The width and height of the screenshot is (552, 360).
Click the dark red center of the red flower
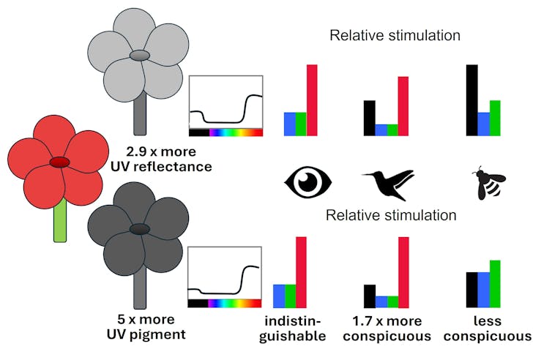(x=59, y=162)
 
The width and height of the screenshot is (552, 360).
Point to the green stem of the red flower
(x=60, y=221)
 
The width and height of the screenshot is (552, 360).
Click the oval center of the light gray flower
(x=139, y=56)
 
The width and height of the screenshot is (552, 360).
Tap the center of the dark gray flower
(x=137, y=229)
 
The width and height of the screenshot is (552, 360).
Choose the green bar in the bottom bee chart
(x=495, y=284)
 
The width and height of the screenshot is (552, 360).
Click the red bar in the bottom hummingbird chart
(x=403, y=272)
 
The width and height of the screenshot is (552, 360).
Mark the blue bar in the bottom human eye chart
(x=279, y=296)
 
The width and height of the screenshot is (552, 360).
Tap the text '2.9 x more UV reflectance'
(x=168, y=160)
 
